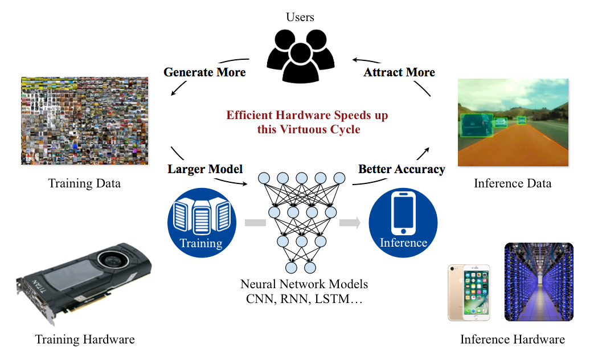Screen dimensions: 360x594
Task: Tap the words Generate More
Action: pyautogui.click(x=204, y=72)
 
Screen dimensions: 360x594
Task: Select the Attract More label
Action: pyautogui.click(x=399, y=72)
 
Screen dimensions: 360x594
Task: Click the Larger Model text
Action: pyautogui.click(x=205, y=169)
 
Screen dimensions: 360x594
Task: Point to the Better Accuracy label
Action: pyautogui.click(x=402, y=169)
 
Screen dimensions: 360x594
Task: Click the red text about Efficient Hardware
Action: pyautogui.click(x=308, y=122)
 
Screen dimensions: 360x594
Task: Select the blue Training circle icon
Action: pyautogui.click(x=201, y=222)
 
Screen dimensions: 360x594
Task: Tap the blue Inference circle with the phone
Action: pyautogui.click(x=403, y=222)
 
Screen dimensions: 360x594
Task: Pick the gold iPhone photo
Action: pyautogui.click(x=469, y=292)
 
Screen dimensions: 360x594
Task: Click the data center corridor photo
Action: pyautogui.click(x=539, y=283)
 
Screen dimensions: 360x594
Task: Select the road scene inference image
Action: pyautogui.click(x=513, y=122)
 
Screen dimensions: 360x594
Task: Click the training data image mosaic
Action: pyautogui.click(x=84, y=121)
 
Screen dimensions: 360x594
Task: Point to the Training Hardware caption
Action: pyautogui.click(x=85, y=339)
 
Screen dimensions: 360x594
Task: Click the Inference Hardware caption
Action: pyautogui.click(x=513, y=339)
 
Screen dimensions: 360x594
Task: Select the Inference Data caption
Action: pyautogui.click(x=513, y=183)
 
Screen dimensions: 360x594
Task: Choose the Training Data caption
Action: pyautogui.click(x=84, y=183)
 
